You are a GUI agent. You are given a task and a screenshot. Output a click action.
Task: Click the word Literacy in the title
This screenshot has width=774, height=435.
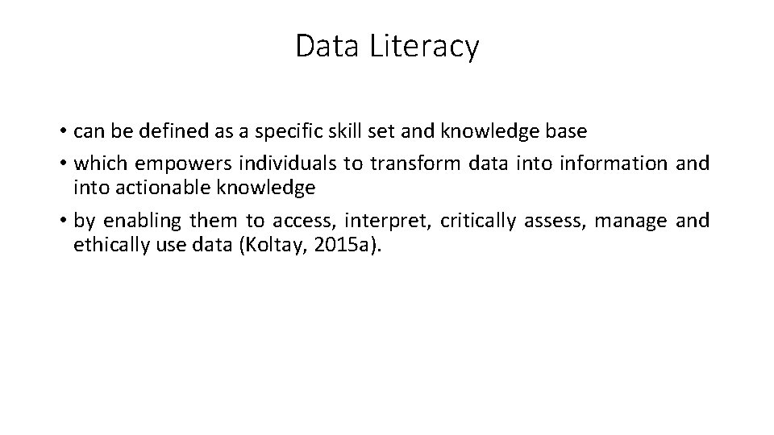424,47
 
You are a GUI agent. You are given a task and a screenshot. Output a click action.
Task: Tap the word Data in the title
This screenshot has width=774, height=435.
327,47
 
